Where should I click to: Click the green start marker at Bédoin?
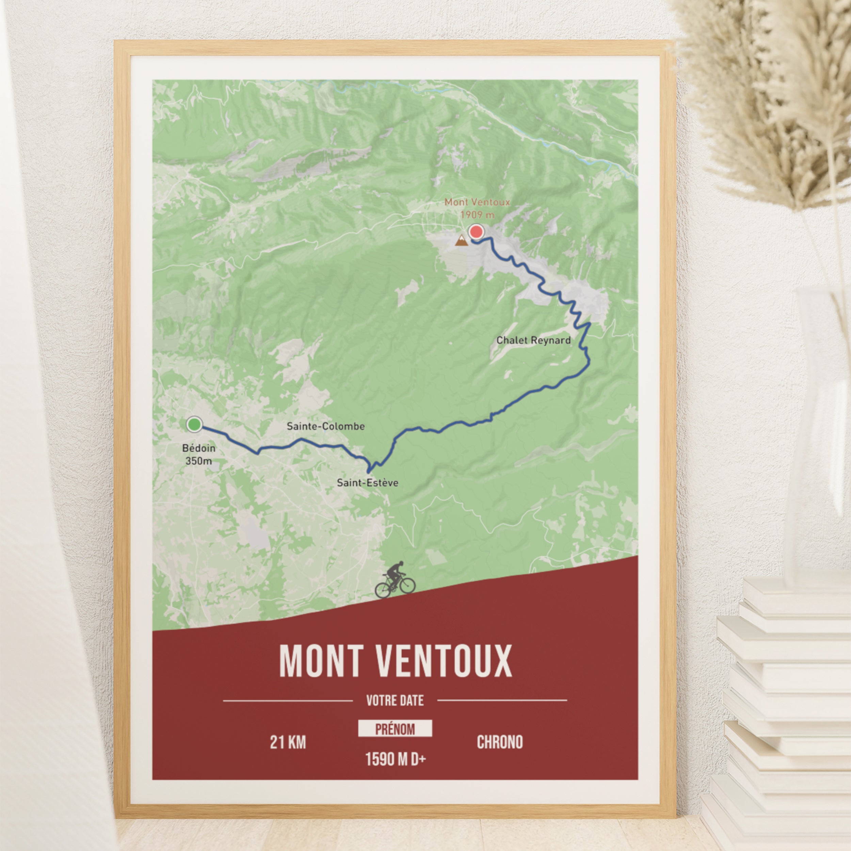(194, 425)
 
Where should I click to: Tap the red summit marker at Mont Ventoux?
(476, 232)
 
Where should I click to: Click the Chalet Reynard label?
(533, 340)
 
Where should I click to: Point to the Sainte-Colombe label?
(325, 427)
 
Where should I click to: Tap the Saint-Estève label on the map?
(367, 483)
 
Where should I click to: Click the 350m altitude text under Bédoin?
(199, 461)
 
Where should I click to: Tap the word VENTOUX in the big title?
(444, 662)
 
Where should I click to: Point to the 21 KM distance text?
(288, 743)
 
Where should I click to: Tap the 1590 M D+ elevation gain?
(395, 759)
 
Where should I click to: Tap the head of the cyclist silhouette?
(400, 564)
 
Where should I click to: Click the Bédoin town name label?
(199, 448)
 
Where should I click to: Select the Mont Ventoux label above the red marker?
(477, 202)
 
